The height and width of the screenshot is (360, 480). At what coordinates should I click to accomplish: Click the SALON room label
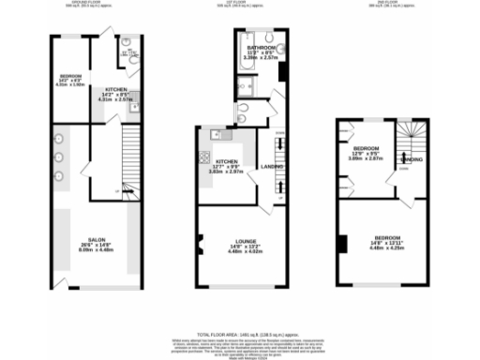[97, 239]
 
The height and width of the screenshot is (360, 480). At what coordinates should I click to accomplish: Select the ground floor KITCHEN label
[115, 89]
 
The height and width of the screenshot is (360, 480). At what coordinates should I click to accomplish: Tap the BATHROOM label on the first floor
[260, 47]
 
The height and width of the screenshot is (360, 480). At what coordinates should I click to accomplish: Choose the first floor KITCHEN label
[224, 161]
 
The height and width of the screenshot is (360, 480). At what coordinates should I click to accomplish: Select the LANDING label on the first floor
[273, 167]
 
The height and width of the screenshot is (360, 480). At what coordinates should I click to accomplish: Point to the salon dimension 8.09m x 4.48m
[97, 249]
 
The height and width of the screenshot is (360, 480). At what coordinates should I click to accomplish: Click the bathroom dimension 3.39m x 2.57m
[260, 58]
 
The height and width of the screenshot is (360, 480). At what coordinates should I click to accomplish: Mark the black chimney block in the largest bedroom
[344, 246]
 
